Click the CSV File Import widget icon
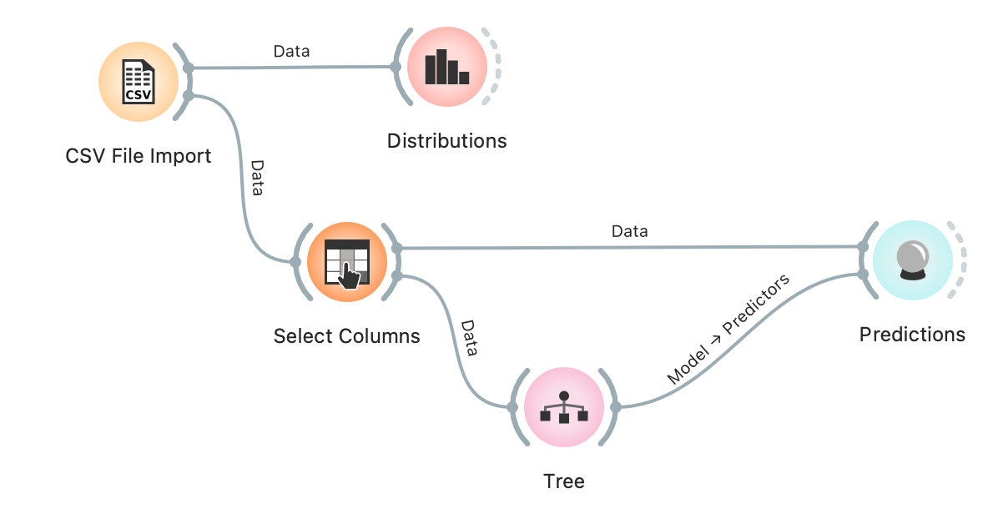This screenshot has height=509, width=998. point(138,81)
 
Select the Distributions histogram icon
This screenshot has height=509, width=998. point(446,67)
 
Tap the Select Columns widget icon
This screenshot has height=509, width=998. point(346,261)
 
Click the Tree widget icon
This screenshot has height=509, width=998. point(563,406)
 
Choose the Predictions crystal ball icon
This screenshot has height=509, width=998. point(912,260)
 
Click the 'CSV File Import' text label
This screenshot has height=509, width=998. point(139,156)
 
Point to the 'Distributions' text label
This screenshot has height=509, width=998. point(446,140)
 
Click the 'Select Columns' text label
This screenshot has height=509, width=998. point(346,336)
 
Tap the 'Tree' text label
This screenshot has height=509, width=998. point(563,481)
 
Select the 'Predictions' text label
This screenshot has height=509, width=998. point(912,335)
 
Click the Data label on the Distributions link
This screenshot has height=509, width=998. point(291,51)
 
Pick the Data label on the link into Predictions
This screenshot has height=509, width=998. point(629,231)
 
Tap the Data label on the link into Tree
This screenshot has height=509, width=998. point(469,338)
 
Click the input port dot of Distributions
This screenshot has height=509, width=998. point(396,67)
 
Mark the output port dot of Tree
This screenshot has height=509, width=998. point(615,407)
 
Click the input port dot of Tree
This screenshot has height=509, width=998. point(512,407)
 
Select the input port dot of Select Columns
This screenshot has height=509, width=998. point(295,262)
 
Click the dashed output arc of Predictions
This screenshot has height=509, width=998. point(962,260)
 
